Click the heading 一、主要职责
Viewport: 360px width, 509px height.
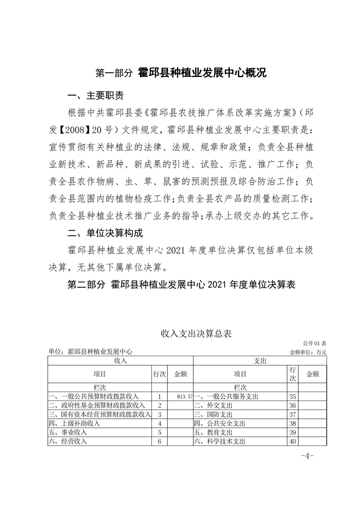(94, 96)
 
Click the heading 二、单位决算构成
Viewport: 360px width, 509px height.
(104, 234)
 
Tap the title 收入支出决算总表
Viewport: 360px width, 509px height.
(196, 334)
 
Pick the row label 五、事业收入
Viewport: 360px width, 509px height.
(68, 432)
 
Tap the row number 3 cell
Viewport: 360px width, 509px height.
(160, 414)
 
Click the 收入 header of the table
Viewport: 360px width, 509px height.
(120, 360)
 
